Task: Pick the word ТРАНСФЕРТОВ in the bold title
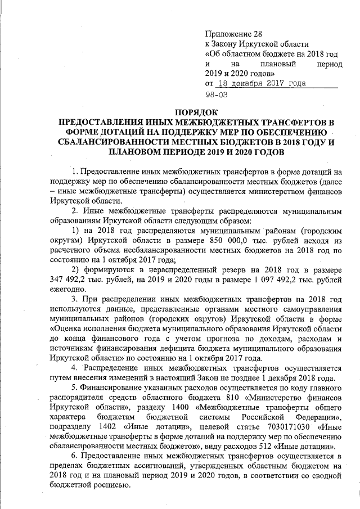coord(277,122)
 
